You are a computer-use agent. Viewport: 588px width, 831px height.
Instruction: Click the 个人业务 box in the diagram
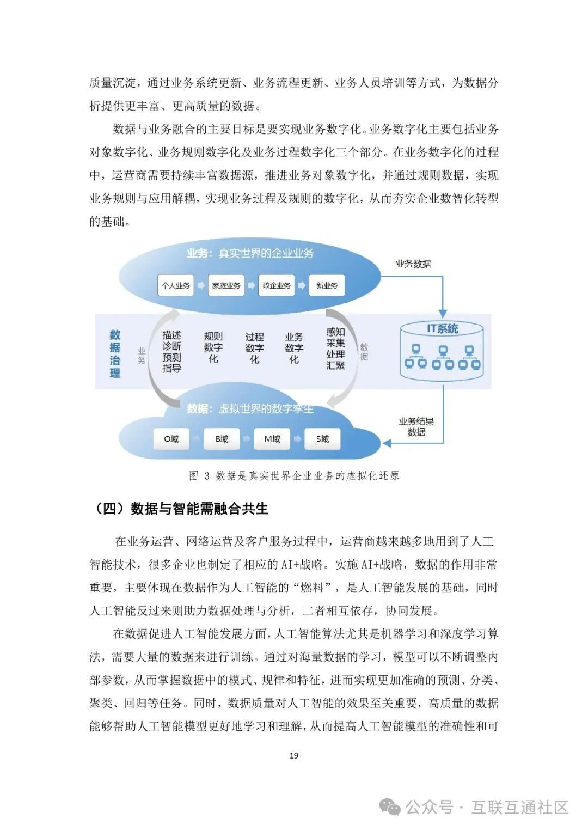(x=175, y=285)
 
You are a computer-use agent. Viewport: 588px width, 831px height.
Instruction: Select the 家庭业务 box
(x=226, y=285)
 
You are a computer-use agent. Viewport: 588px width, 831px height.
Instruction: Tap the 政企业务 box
(x=277, y=285)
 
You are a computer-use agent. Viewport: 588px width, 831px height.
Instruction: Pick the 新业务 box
(x=327, y=285)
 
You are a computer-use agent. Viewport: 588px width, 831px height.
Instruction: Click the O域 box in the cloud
(x=171, y=439)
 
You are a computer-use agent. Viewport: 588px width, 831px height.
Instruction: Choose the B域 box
(x=222, y=439)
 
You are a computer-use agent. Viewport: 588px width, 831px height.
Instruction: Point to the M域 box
(x=272, y=439)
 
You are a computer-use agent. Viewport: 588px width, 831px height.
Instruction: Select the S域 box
(x=322, y=439)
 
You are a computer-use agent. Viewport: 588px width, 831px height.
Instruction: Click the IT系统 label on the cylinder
(x=442, y=328)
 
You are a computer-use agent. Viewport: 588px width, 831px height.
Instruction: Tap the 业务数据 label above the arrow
(x=413, y=264)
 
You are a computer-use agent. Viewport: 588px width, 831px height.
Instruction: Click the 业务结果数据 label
(x=416, y=426)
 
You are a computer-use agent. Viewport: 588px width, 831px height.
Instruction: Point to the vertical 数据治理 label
(x=115, y=353)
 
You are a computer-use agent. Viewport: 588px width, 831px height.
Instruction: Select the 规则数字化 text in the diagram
(x=213, y=347)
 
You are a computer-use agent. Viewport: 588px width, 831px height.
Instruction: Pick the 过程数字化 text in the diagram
(x=254, y=348)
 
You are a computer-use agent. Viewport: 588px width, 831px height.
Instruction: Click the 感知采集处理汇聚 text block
(x=335, y=349)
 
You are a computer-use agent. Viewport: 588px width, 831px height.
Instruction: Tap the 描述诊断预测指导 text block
(x=171, y=351)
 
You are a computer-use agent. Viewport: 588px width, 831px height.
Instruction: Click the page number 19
(x=294, y=755)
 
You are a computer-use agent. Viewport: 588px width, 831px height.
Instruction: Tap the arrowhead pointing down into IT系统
(x=442, y=314)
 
